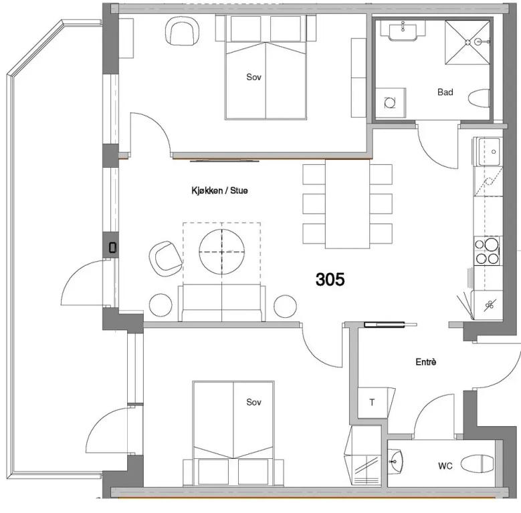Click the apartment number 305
tap(330, 279)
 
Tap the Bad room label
tap(445, 92)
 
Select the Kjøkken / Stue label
tap(219, 190)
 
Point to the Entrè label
tap(426, 361)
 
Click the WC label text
tap(445, 466)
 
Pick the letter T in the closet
tap(372, 403)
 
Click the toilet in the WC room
tap(478, 464)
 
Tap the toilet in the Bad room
tap(479, 99)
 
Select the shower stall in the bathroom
tap(467, 42)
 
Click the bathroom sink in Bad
tap(403, 31)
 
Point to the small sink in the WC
tap(395, 461)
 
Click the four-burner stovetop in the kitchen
tap(488, 250)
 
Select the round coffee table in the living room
tap(222, 252)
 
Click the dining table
tap(347, 204)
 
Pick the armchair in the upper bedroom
tap(182, 31)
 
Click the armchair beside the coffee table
tap(165, 258)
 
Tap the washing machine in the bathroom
tap(390, 103)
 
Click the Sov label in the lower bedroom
tap(254, 402)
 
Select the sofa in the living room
tap(221, 303)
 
